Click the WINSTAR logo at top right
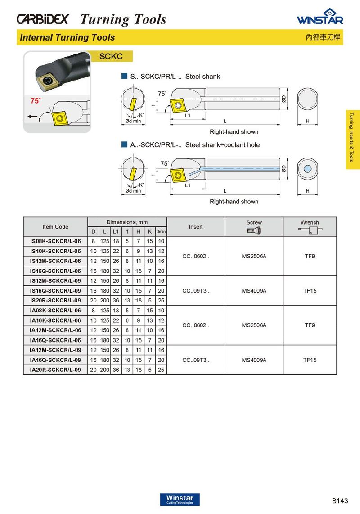click(x=320, y=18)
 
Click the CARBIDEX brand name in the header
click(x=43, y=19)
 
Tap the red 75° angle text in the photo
click(x=35, y=101)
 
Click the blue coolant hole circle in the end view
click(x=307, y=169)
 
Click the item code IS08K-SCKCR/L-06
click(x=55, y=241)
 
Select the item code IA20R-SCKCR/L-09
click(x=55, y=370)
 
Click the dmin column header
click(x=161, y=231)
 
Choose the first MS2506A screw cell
click(x=254, y=256)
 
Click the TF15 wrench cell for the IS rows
click(x=310, y=291)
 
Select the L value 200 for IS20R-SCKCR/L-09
click(x=104, y=300)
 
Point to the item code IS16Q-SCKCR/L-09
click(x=55, y=291)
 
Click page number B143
click(x=340, y=501)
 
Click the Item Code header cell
click(x=55, y=226)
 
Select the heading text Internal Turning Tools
click(x=67, y=37)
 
